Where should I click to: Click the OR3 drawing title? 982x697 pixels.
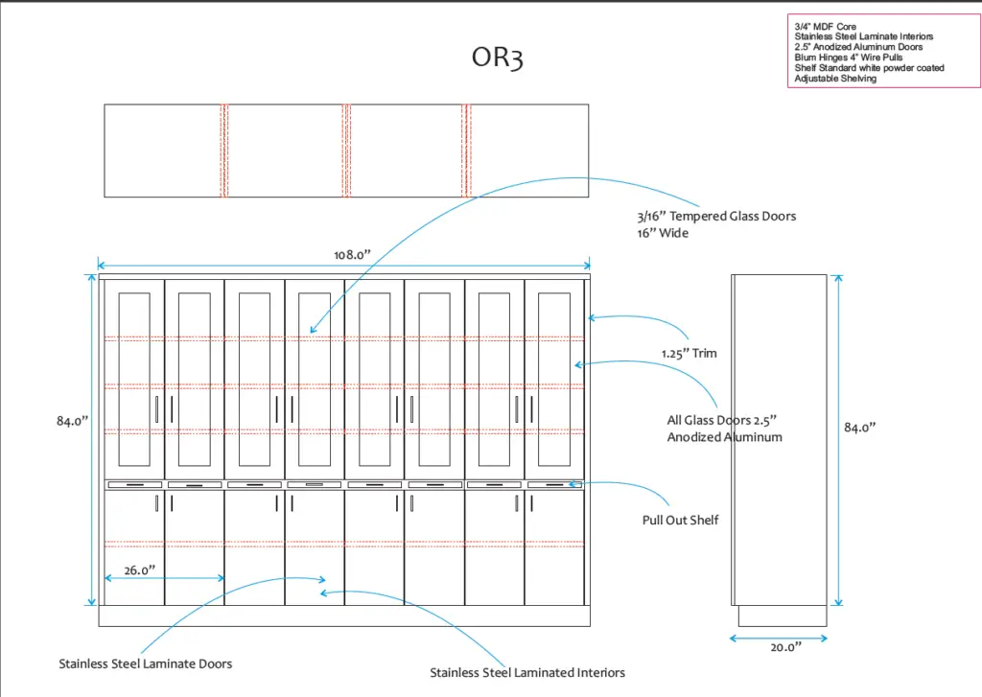click(497, 58)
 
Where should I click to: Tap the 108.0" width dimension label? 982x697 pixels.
click(352, 254)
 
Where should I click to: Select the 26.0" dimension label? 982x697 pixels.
click(139, 569)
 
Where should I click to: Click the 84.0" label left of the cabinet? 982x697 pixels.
click(72, 421)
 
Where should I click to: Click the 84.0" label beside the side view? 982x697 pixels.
click(860, 428)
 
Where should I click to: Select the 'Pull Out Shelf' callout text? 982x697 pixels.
click(680, 520)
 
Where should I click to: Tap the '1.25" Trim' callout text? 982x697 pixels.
click(689, 353)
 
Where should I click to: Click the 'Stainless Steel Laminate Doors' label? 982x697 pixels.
click(145, 662)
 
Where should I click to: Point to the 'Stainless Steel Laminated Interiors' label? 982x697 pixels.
click(527, 672)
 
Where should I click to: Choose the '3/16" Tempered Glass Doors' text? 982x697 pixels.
click(716, 216)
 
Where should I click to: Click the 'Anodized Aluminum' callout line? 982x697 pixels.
click(724, 437)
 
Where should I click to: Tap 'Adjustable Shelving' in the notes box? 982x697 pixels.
click(835, 79)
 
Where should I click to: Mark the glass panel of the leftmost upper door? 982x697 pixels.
click(133, 365)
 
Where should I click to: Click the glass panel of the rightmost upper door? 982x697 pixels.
click(553, 365)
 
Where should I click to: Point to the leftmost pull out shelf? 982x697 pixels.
click(134, 485)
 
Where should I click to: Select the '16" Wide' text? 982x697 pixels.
click(663, 233)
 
